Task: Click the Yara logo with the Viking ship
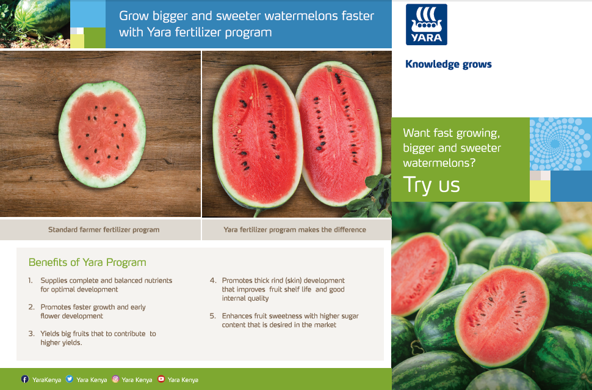[426, 24]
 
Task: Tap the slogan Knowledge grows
[449, 64]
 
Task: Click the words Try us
[431, 185]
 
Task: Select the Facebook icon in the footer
[25, 379]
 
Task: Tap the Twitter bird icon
[70, 378]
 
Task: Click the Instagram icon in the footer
[115, 378]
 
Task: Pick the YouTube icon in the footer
[161, 378]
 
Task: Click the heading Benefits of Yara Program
[87, 262]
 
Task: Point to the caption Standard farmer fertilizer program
[104, 230]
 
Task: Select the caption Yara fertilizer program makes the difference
[295, 230]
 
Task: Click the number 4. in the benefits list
[214, 281]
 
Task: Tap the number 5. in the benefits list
[214, 316]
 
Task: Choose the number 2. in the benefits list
[32, 307]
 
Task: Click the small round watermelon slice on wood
[102, 134]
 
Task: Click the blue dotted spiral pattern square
[561, 144]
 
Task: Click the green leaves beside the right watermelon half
[370, 197]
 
